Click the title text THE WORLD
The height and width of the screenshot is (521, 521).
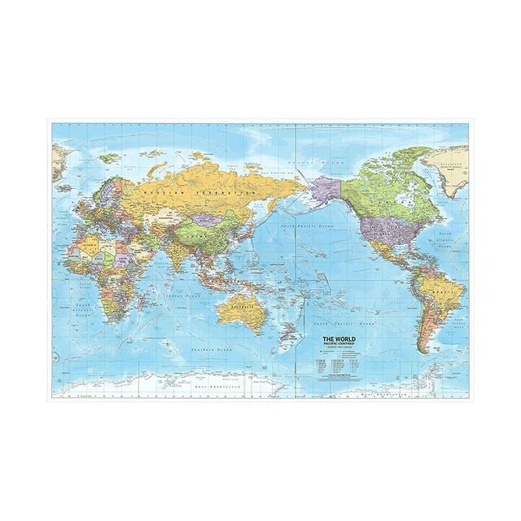coord(341,338)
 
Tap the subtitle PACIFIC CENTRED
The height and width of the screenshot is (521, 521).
coord(341,344)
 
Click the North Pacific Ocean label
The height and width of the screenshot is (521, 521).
coord(304,225)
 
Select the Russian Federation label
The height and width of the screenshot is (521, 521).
coord(198,190)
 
